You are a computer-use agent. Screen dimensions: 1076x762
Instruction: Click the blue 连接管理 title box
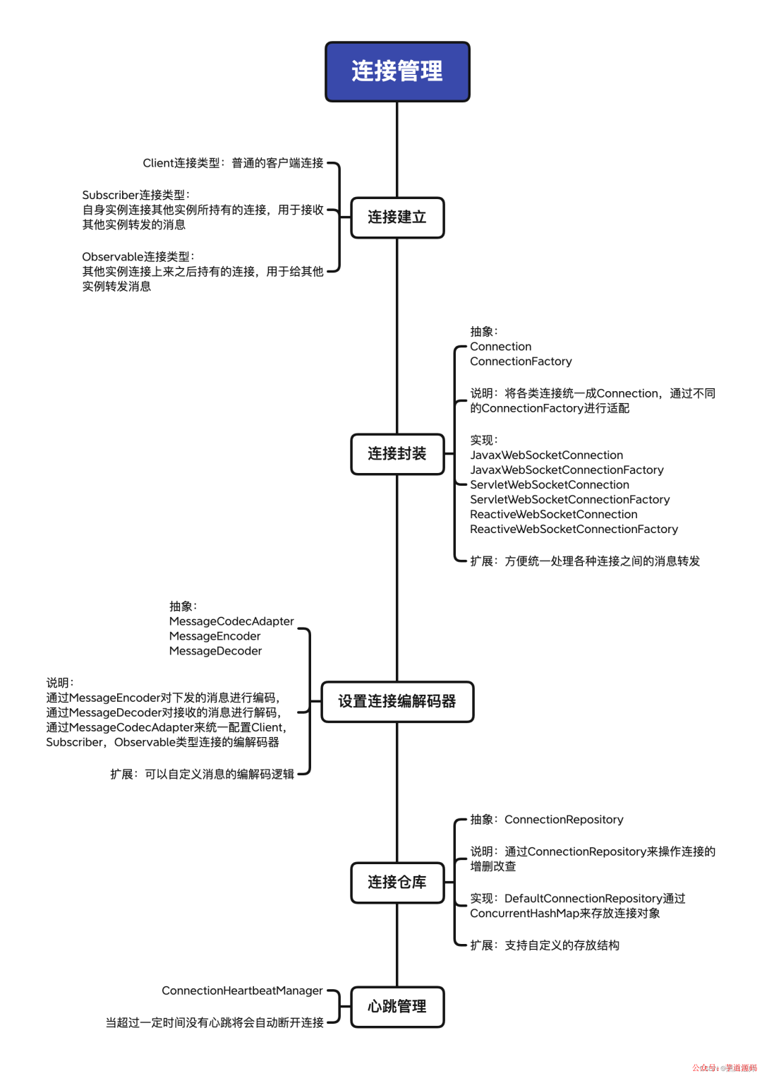[397, 71]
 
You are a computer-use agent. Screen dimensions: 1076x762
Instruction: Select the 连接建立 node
[397, 217]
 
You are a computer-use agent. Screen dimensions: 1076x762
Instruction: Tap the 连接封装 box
[397, 454]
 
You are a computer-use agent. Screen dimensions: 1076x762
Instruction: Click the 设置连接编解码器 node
[397, 701]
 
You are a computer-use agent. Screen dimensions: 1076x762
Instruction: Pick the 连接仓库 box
[397, 882]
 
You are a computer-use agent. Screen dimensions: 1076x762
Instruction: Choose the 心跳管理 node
[397, 1006]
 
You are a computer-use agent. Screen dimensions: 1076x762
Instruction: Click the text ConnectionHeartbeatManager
[242, 991]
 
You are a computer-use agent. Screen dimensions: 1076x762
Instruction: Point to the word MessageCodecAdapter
[231, 621]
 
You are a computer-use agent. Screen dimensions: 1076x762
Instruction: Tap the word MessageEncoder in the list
[214, 636]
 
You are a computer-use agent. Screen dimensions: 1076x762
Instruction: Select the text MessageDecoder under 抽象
[215, 651]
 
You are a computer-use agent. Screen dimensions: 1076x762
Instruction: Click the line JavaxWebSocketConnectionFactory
[567, 470]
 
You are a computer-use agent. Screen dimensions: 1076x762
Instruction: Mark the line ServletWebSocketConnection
[550, 485]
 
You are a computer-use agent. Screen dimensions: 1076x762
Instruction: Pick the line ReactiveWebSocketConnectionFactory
[574, 530]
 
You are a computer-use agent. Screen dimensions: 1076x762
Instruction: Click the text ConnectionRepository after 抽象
[564, 820]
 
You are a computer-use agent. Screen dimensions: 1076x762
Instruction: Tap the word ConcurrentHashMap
[524, 914]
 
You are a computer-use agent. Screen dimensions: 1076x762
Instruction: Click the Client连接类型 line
[233, 163]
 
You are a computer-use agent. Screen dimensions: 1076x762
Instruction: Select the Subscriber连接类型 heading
[135, 195]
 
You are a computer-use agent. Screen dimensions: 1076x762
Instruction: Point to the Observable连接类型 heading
[138, 257]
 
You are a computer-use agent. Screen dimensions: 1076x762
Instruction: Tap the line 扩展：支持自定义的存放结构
[545, 945]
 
